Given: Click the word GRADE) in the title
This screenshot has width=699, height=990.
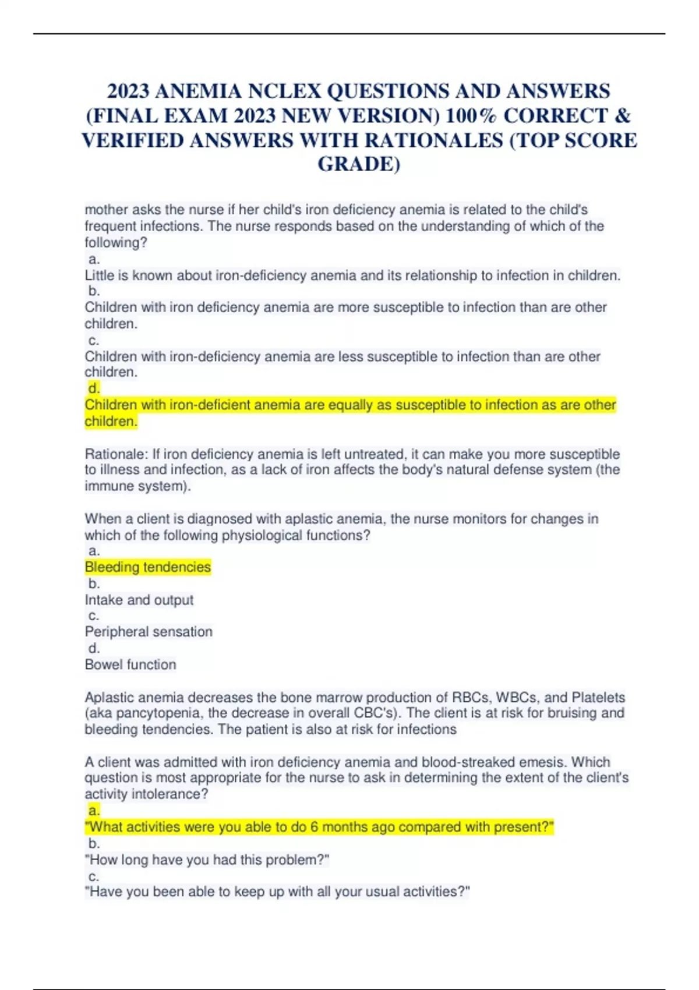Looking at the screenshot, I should click(359, 164).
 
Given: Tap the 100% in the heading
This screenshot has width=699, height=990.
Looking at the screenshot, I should click(471, 116).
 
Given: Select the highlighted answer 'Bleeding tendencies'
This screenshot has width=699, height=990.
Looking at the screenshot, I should click(148, 567).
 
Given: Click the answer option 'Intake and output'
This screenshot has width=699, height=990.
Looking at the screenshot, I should click(139, 600).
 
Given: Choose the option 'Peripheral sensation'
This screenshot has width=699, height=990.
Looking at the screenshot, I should click(149, 632).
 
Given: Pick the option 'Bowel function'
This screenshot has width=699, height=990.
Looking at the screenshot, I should click(130, 664).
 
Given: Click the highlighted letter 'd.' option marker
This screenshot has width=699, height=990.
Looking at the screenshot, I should click(94, 388).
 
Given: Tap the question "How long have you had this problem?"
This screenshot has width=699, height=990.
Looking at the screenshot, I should click(207, 860).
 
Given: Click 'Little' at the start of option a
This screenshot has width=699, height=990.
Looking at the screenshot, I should click(98, 275).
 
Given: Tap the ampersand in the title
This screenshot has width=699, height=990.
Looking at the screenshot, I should click(622, 116).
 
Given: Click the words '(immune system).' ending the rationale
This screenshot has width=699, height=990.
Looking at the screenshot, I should click(137, 486).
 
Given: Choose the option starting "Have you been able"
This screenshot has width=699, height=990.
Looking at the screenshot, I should click(277, 892).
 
